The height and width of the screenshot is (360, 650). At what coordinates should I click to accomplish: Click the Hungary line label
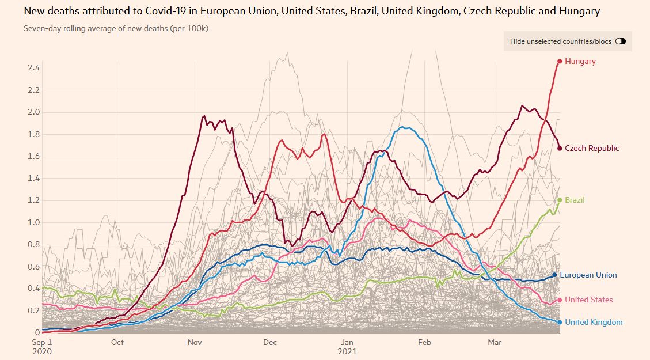(x=580, y=61)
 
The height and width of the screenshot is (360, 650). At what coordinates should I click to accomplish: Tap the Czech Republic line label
(x=592, y=148)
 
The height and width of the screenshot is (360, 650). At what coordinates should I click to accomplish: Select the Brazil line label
(x=575, y=200)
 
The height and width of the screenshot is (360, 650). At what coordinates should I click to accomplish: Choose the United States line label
(x=588, y=300)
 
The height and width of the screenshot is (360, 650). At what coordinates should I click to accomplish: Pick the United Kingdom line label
(x=593, y=322)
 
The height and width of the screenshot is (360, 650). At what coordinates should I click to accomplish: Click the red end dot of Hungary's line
(x=559, y=61)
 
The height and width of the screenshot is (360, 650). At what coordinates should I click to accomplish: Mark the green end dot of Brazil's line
(x=559, y=200)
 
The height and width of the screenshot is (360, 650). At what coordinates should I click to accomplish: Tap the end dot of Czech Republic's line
(x=559, y=148)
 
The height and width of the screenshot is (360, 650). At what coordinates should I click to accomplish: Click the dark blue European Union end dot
(x=554, y=275)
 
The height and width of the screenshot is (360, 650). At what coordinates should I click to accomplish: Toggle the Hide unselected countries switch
(x=620, y=41)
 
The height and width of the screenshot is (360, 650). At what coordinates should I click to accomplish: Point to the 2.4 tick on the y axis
(x=33, y=68)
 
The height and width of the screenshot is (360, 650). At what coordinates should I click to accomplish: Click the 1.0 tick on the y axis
(x=33, y=222)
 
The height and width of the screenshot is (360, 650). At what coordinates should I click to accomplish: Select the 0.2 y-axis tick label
(x=33, y=310)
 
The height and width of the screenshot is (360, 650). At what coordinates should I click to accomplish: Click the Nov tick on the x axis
(x=194, y=342)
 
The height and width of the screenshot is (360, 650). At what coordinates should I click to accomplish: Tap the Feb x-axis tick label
(x=424, y=342)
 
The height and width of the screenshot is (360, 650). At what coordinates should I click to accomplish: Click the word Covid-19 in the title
(x=162, y=11)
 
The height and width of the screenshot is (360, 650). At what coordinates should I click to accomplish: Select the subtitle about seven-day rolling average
(x=116, y=28)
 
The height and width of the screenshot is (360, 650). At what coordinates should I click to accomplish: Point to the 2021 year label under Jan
(x=347, y=351)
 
